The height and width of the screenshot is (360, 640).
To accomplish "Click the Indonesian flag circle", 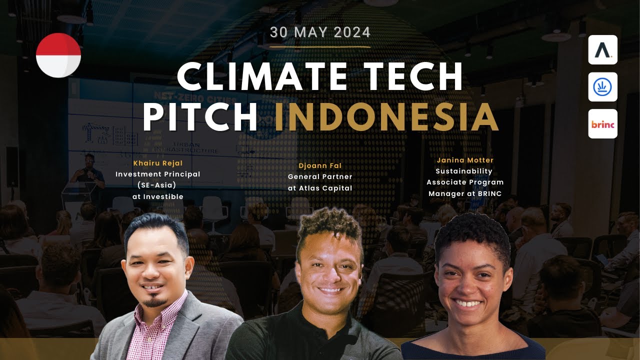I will (x=58, y=55).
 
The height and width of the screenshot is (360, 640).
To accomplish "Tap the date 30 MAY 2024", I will (x=320, y=32).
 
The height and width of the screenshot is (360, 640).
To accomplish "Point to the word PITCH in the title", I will (x=200, y=117).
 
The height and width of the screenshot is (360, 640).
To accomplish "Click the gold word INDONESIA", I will (x=386, y=117).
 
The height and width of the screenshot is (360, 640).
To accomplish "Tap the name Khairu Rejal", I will (x=157, y=163).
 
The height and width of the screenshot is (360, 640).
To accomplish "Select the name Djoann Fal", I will (x=320, y=165).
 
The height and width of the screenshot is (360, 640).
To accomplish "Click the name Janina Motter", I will (x=465, y=160).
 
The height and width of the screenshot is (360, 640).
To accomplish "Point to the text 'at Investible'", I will (x=157, y=196).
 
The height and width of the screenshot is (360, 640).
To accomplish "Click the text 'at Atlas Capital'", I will (x=320, y=188).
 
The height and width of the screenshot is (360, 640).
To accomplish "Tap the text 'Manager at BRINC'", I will (x=465, y=193).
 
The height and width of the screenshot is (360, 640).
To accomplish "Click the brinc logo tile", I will (x=602, y=124).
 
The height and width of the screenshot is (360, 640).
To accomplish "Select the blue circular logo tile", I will (x=602, y=87).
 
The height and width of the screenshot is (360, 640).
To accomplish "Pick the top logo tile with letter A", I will (x=602, y=50).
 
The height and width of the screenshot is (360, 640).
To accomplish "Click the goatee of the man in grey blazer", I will (x=156, y=302).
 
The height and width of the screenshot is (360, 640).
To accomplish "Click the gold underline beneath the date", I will (x=320, y=46).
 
